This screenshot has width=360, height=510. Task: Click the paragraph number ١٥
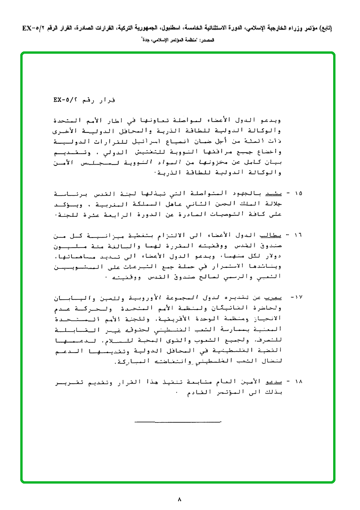click(299, 194)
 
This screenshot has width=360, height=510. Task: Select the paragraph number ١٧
click(299, 297)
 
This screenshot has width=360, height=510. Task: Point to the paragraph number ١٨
click(299, 380)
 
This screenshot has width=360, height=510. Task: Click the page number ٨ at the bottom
click(180, 498)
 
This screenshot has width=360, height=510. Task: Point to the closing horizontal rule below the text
click(178, 420)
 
